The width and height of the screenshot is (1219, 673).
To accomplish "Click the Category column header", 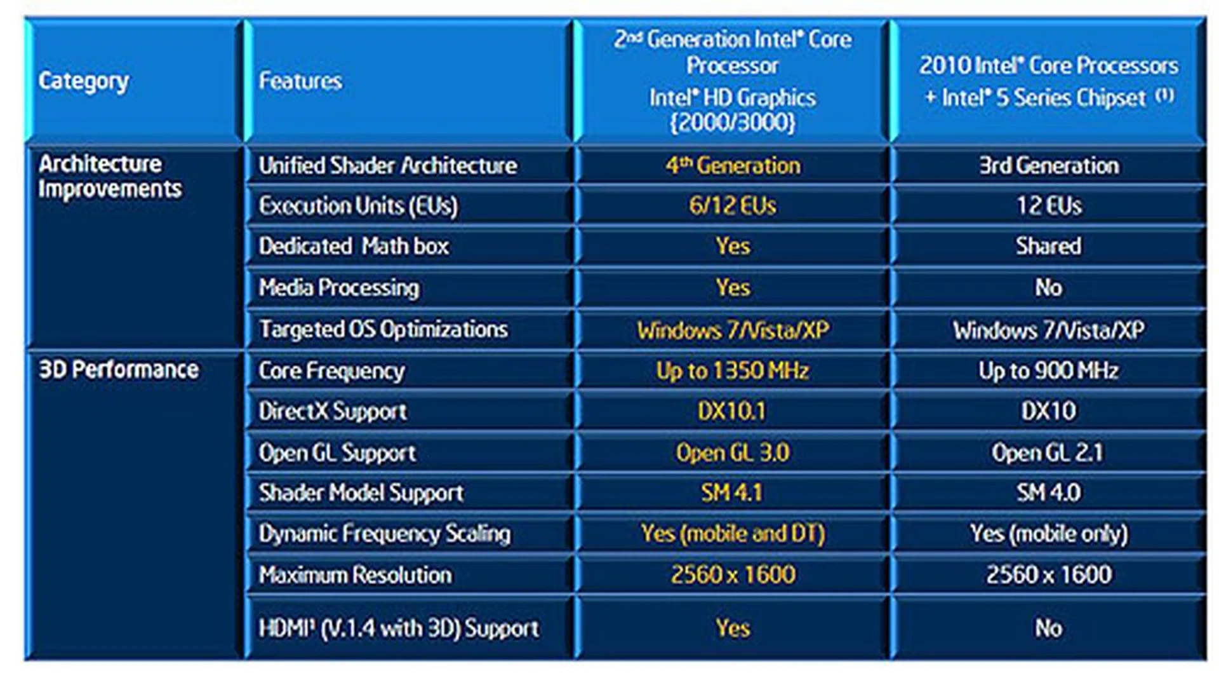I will [84, 81].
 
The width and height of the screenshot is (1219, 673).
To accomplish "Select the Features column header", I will [300, 81].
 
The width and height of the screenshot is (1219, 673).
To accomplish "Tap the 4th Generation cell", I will [733, 166].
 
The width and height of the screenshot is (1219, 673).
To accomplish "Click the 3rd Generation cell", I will [1048, 166].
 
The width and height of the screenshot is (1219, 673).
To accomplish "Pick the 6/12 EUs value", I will [733, 206].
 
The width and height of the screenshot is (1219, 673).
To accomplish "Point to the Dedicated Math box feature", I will [354, 247].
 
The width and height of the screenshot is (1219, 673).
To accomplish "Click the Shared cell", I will [1048, 247].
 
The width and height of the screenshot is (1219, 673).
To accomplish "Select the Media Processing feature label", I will [339, 288].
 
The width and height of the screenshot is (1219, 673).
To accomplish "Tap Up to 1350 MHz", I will [733, 370].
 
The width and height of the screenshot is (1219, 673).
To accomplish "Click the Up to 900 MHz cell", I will [1048, 370].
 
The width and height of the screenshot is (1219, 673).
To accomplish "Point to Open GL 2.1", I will [1048, 452].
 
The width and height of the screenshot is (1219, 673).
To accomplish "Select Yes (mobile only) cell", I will [1048, 534].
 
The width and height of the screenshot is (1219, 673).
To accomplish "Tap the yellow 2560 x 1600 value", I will [733, 575].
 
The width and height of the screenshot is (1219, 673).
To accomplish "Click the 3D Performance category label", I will [119, 370].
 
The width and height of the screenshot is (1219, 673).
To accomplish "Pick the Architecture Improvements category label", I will [109, 177].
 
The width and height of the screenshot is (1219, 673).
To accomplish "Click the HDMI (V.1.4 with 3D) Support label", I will [399, 629].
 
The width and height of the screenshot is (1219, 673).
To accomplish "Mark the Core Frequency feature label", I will [331, 370].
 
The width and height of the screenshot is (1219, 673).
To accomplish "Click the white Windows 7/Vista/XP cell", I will [1048, 330].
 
